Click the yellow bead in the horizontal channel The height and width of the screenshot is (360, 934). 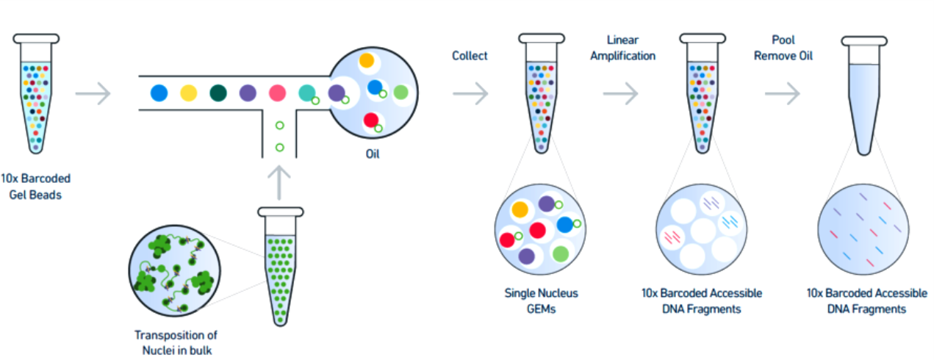pos(189,93)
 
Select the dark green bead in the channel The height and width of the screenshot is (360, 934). pos(218,93)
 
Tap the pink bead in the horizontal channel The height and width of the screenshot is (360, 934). pos(277,93)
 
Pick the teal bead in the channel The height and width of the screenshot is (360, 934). pos(307,93)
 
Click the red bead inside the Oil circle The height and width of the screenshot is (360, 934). pos(371,120)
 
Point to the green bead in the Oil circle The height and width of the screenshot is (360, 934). pos(400,93)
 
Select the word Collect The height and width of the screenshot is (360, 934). pos(470,56)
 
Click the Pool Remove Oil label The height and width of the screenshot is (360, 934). pos(783,47)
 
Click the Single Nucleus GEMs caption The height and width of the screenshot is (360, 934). pos(541,300)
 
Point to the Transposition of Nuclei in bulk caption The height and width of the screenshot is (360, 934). pos(176,342)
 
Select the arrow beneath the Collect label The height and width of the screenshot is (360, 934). pos(470,93)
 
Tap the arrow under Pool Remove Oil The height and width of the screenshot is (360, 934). pos(782,93)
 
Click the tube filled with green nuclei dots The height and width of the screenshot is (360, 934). pos(280,272)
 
